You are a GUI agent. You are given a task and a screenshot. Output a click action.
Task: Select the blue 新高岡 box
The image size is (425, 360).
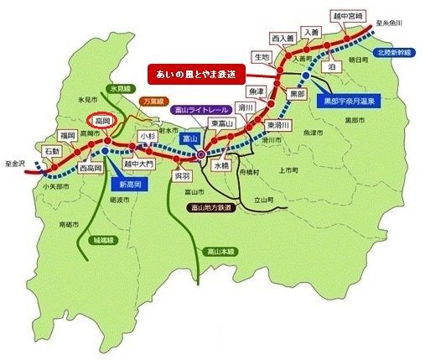112,184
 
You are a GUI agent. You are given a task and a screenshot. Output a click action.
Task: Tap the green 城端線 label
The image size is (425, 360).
104,240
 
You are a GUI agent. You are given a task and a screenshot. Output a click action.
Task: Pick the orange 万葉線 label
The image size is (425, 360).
153,99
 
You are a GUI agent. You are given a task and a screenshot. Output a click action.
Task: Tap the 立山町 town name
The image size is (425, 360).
267,201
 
